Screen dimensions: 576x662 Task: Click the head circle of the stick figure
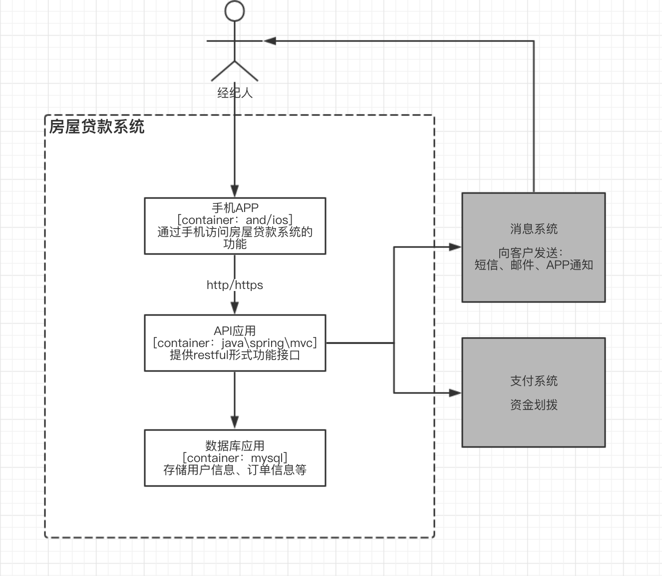coord(235,11)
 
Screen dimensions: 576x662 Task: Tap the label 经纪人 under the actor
coord(235,93)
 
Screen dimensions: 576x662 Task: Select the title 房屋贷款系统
coord(96,126)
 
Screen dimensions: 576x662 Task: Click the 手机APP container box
coord(235,226)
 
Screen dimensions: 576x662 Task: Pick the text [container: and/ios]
coord(235,220)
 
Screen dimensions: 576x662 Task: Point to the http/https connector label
coord(235,285)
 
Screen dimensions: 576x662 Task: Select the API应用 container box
coord(235,343)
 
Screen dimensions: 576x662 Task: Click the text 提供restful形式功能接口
coord(235,355)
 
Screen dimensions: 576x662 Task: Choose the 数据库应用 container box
coord(235,457)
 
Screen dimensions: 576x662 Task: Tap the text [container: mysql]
coord(235,458)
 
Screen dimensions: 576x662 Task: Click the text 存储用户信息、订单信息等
coord(235,470)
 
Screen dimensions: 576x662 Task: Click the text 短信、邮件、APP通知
coord(533,265)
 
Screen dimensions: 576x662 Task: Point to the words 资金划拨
coord(533,405)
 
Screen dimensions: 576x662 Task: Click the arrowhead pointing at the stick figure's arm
coord(270,41)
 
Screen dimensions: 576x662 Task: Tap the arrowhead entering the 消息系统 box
coord(455,246)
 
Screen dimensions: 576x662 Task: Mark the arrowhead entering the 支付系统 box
coord(455,393)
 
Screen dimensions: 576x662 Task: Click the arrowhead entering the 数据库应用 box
coord(235,422)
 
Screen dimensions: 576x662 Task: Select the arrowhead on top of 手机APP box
coord(235,191)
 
